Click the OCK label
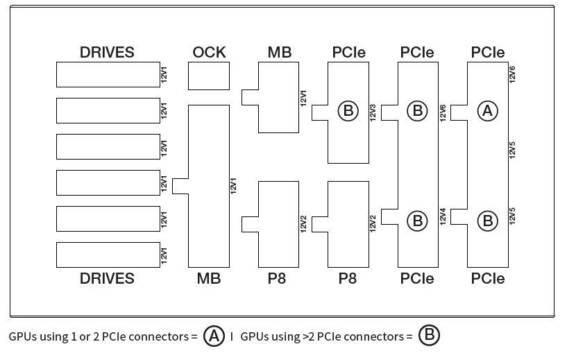(209, 53)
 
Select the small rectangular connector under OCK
(209, 76)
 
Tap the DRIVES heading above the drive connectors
(107, 53)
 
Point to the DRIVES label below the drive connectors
(107, 279)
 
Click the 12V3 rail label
(373, 112)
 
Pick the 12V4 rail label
(443, 216)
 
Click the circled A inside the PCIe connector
(487, 111)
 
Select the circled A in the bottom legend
(214, 336)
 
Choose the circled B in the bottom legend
(429, 335)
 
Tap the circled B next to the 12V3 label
(348, 111)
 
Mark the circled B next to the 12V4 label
(417, 221)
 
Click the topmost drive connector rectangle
(108, 74)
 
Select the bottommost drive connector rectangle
(108, 255)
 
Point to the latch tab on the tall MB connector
(180, 186)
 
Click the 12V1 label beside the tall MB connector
(233, 186)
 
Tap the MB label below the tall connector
(209, 279)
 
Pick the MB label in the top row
(280, 53)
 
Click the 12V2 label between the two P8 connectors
(303, 224)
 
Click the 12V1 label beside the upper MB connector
(303, 98)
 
